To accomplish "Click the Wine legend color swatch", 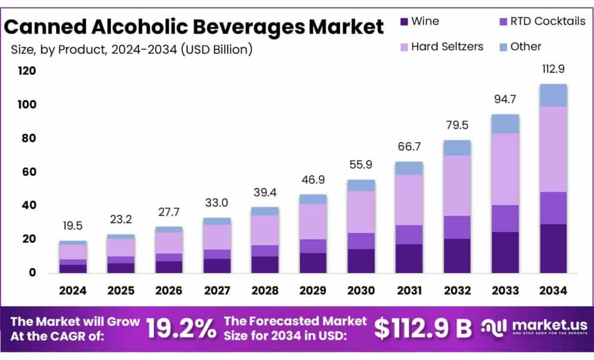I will (404, 22).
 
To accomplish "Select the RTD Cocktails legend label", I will (548, 22).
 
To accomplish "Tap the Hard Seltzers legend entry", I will (447, 47).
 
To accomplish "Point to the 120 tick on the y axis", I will (27, 71).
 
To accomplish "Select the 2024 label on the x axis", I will (73, 290).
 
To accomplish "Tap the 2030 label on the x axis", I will (361, 290).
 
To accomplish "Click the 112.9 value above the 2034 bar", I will (553, 69).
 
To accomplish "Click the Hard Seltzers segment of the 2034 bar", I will (553, 149).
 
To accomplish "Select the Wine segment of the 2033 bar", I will (505, 252).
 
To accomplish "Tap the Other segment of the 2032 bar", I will (457, 148).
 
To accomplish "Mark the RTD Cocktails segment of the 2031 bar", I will (409, 234).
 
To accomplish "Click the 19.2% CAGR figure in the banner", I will (180, 329).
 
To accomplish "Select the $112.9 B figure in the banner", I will (423, 329).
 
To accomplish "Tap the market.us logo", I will (534, 328).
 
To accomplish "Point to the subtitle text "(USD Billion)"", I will (216, 50).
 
